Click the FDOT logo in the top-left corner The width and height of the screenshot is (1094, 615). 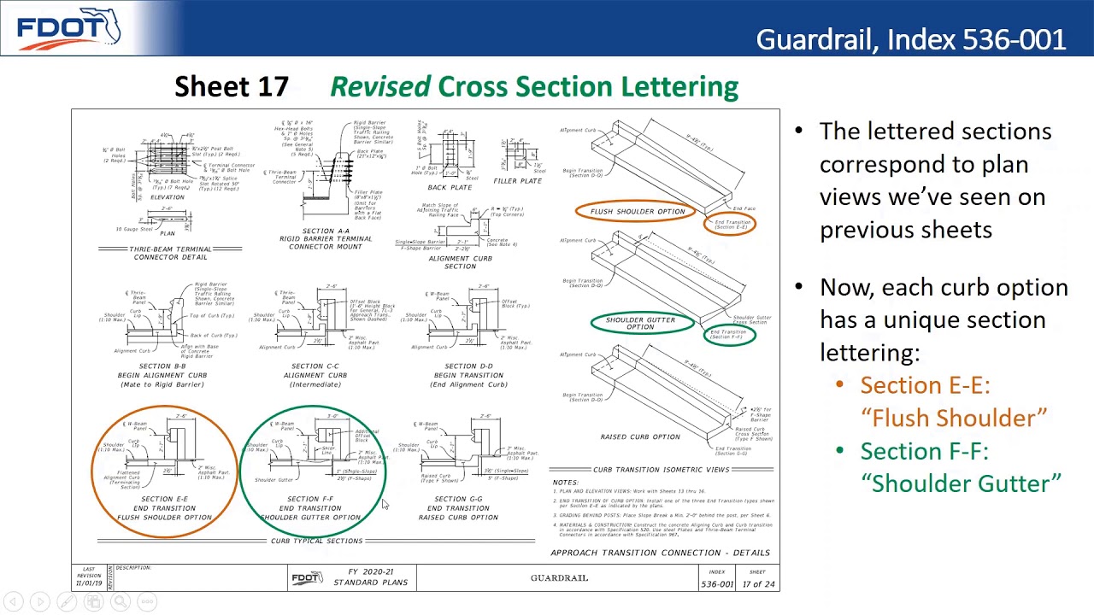(x=68, y=29)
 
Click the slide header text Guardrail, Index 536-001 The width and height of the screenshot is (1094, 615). (x=910, y=39)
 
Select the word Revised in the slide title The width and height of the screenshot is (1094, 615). (x=380, y=86)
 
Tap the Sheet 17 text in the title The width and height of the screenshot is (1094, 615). (x=232, y=86)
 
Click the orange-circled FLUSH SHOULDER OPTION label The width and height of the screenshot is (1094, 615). (x=637, y=211)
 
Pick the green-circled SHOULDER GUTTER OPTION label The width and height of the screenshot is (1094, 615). (x=640, y=323)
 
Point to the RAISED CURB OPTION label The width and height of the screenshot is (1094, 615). (x=640, y=436)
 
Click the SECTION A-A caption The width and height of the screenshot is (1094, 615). (x=325, y=231)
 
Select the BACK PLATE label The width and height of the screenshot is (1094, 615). (x=450, y=187)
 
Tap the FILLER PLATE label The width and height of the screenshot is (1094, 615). (x=517, y=181)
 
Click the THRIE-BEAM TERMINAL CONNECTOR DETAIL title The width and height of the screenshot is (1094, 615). (x=170, y=253)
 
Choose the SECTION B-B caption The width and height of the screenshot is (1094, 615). (x=162, y=366)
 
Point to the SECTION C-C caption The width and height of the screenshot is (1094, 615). (x=315, y=366)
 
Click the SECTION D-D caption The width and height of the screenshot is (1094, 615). (x=468, y=366)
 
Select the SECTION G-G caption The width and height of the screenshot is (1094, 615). (x=458, y=499)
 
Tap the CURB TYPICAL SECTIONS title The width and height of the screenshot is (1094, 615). (x=316, y=541)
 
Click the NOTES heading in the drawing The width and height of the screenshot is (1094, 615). (x=565, y=483)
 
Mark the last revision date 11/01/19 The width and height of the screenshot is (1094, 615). (x=89, y=583)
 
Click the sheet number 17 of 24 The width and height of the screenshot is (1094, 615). (x=757, y=584)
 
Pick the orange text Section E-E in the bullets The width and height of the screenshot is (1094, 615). (x=925, y=385)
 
